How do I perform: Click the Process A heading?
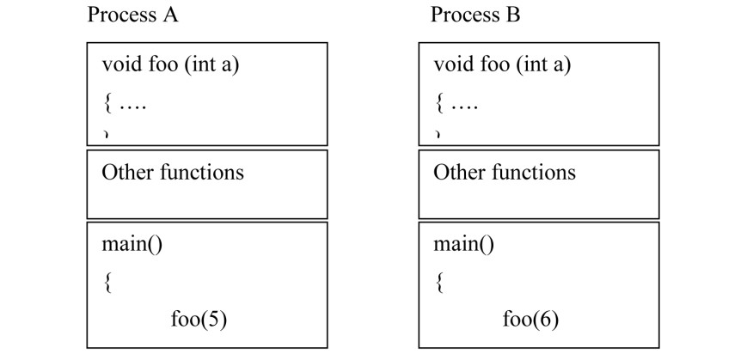pyautogui.click(x=132, y=15)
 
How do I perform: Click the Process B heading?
pyautogui.click(x=475, y=15)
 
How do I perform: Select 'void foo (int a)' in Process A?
pyautogui.click(x=164, y=65)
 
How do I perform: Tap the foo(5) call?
pyautogui.click(x=199, y=320)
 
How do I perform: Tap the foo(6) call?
pyautogui.click(x=530, y=320)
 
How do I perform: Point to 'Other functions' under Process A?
pyautogui.click(x=173, y=172)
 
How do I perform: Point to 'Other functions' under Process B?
pyautogui.click(x=504, y=172)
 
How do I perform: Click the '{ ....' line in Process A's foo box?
pyautogui.click(x=125, y=106)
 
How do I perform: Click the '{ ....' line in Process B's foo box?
pyautogui.click(x=456, y=106)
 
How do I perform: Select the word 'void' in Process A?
pyautogui.click(x=118, y=65)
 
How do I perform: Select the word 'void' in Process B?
pyautogui.click(x=450, y=65)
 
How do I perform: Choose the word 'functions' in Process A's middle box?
pyautogui.click(x=202, y=172)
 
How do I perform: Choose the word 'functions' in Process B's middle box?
pyautogui.click(x=533, y=172)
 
